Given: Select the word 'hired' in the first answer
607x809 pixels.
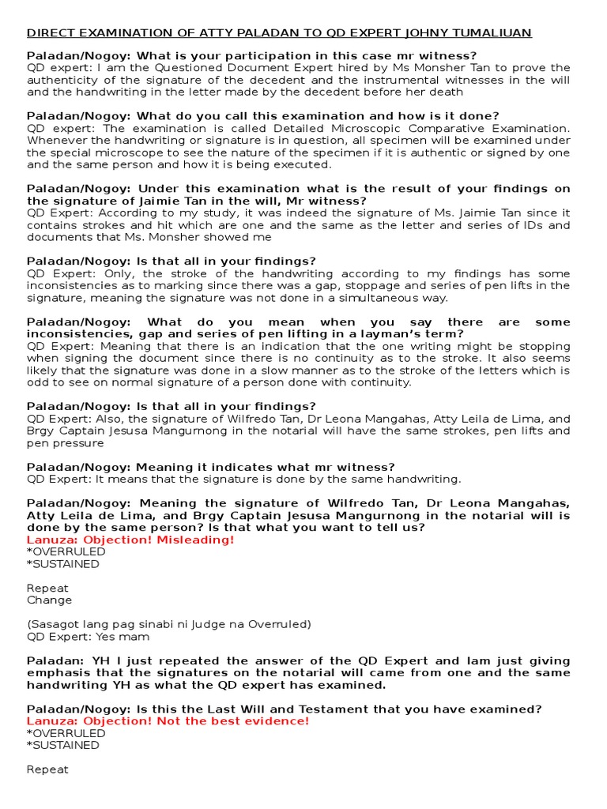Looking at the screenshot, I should click(354, 68).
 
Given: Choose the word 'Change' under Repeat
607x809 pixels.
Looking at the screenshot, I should click(49, 600).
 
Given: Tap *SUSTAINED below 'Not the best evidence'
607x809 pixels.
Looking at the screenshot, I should click(63, 745).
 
